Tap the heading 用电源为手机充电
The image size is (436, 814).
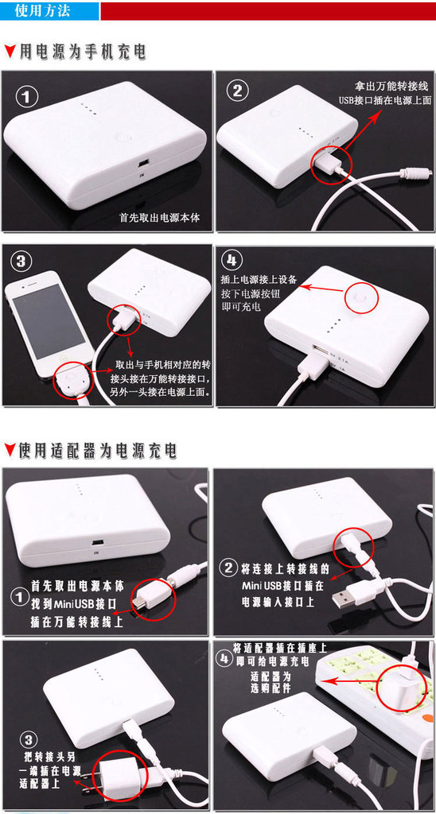pos(83,52)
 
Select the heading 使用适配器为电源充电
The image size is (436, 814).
pos(98,450)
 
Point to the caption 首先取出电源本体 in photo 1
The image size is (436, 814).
pos(159,216)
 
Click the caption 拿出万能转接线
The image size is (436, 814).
pos(393,86)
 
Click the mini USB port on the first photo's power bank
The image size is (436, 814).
pos(144,165)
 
